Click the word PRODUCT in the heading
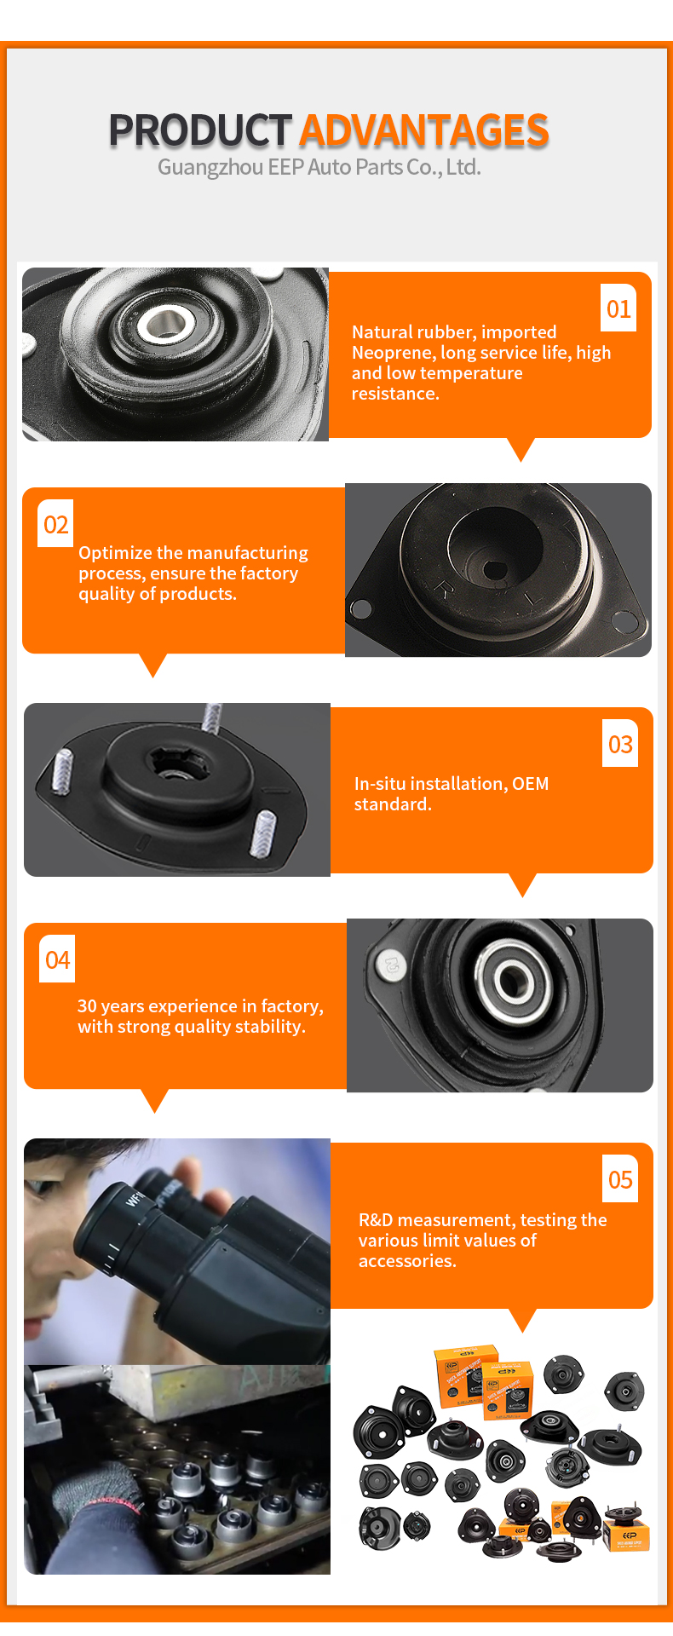[200, 130]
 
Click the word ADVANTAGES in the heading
[424, 130]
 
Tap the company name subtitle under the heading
[319, 167]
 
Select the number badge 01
[618, 308]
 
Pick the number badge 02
[56, 524]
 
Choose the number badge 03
[620, 744]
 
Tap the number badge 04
[58, 959]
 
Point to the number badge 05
[620, 1179]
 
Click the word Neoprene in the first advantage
[393, 353]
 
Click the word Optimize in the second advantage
[115, 554]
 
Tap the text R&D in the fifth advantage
[376, 1220]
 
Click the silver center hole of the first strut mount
[164, 323]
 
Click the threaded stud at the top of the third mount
[212, 717]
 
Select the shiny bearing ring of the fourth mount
[512, 981]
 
